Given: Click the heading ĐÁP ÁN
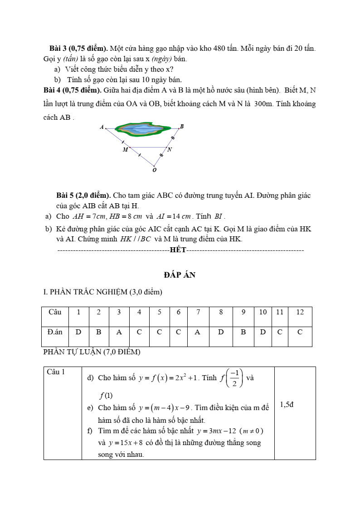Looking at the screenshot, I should pos(180,275).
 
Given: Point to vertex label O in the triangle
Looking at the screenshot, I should pos(154,171).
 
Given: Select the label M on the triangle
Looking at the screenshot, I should pos(125,149).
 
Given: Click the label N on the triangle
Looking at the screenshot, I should pos(170,149).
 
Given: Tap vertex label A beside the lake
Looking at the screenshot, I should pos(102,127).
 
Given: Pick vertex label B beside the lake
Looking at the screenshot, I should pos(182,126).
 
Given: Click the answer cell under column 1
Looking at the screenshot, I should pos(78,332).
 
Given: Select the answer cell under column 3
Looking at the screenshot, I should pos(119,332).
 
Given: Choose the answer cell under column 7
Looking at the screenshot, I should pos(197,332).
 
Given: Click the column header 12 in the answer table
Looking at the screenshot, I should pos(300,312).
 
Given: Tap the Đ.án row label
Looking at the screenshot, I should pos(55,332).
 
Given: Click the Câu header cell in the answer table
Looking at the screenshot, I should pos(55,312).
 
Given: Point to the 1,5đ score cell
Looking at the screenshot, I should pos(287,404).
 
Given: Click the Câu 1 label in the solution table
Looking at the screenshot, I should pos(56,372).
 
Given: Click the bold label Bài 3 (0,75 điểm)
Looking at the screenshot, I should pos(78,48).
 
